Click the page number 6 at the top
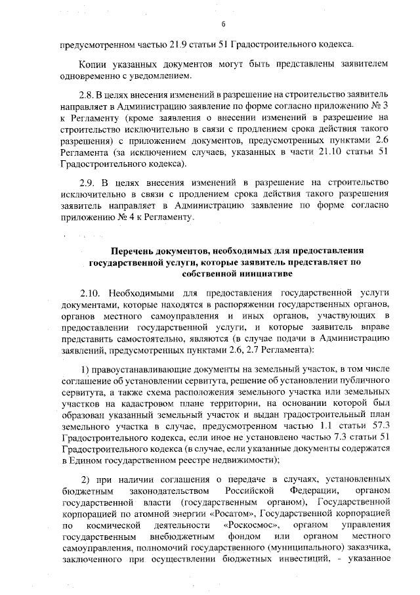(x=223, y=25)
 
